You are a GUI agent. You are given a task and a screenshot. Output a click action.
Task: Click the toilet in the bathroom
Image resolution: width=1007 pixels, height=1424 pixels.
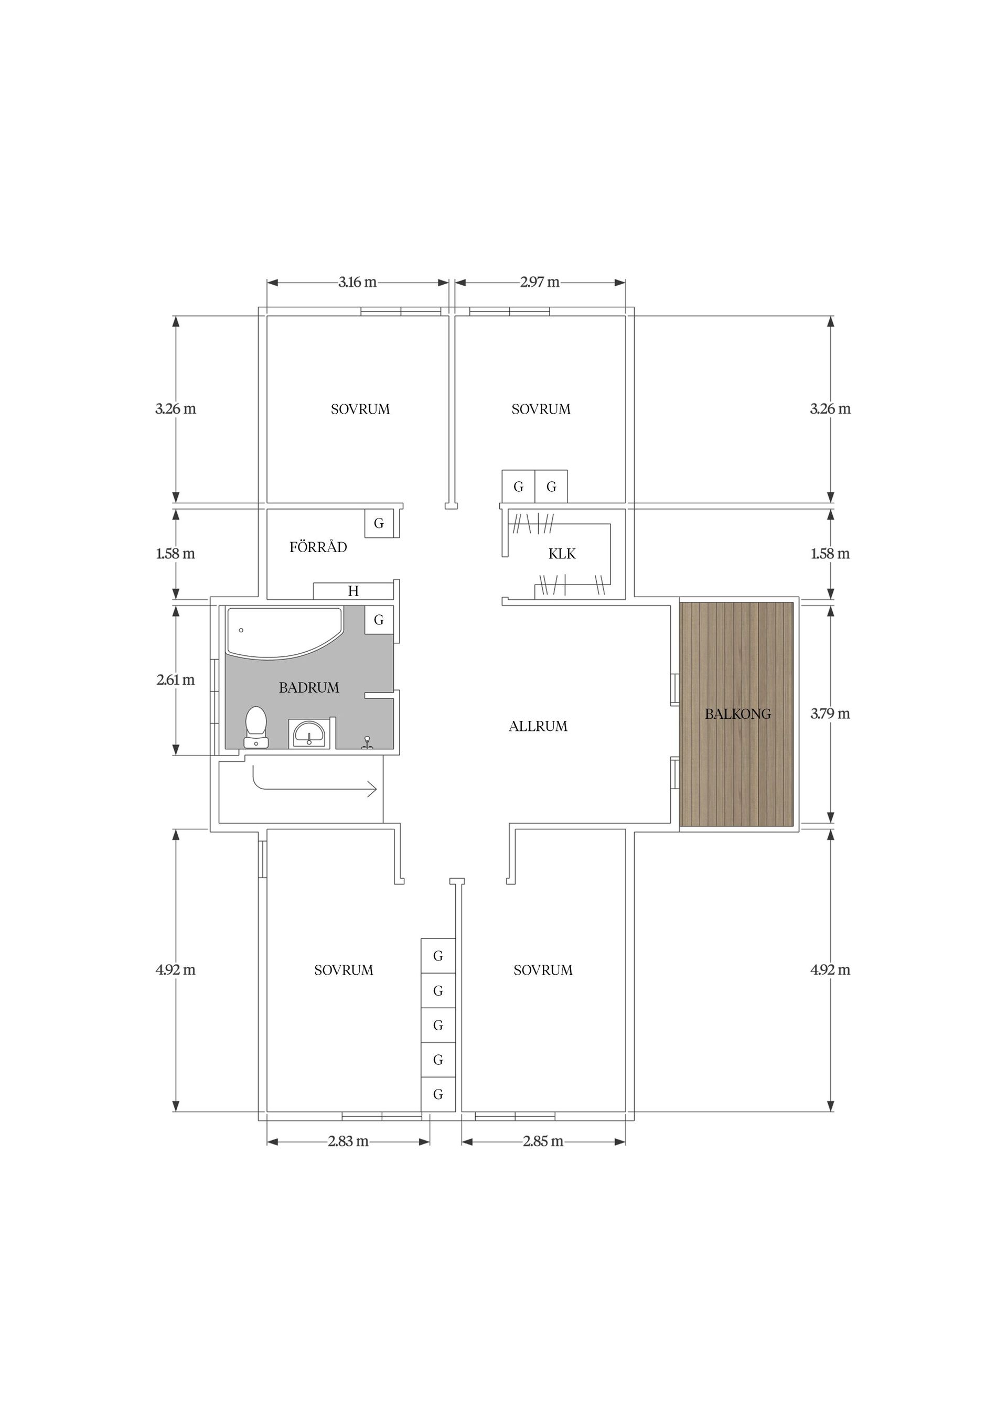(255, 727)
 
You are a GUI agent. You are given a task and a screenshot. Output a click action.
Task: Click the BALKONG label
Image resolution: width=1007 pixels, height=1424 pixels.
(738, 714)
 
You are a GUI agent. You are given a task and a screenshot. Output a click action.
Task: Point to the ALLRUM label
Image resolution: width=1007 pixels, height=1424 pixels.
(538, 726)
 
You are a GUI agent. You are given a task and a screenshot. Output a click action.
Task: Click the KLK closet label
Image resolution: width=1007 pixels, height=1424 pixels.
(562, 554)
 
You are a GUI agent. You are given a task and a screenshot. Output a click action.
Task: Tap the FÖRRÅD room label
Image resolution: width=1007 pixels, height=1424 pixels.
(318, 546)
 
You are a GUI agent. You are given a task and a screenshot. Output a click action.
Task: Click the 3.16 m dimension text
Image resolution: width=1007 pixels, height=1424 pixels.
(357, 282)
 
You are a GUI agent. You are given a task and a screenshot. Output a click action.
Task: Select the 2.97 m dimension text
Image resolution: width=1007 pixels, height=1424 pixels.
(540, 282)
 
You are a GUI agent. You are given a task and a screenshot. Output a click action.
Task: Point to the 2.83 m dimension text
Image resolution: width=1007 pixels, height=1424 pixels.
(348, 1141)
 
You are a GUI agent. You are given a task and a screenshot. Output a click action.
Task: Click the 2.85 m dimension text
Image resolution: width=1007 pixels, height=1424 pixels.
(543, 1141)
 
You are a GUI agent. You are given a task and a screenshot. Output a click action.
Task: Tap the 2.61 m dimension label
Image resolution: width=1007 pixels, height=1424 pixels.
(176, 679)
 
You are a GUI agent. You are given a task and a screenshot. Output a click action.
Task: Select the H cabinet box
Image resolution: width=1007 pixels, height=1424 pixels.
(353, 590)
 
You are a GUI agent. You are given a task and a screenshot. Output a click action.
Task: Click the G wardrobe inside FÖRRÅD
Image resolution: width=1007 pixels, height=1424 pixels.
(379, 523)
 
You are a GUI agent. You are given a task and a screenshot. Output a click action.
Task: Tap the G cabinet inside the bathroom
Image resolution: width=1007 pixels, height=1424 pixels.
(379, 620)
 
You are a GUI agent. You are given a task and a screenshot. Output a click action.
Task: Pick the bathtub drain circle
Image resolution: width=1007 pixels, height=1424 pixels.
(241, 630)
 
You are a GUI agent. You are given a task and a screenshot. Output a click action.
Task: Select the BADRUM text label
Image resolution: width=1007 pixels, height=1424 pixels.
(309, 687)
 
